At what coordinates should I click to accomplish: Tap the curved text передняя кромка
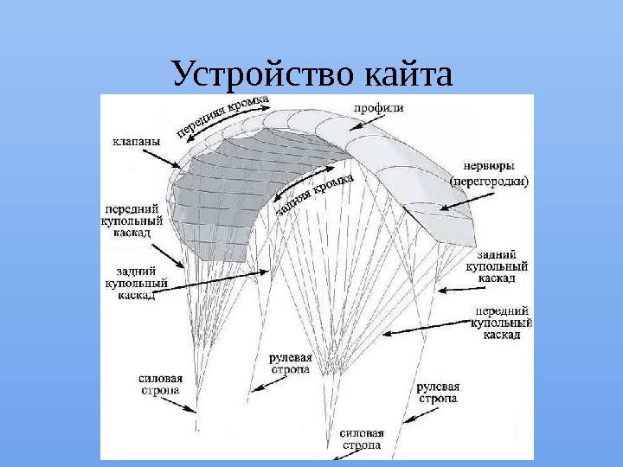pyautogui.click(x=222, y=117)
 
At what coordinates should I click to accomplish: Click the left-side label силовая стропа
pyautogui.click(x=161, y=384)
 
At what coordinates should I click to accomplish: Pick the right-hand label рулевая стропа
pyautogui.click(x=438, y=393)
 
